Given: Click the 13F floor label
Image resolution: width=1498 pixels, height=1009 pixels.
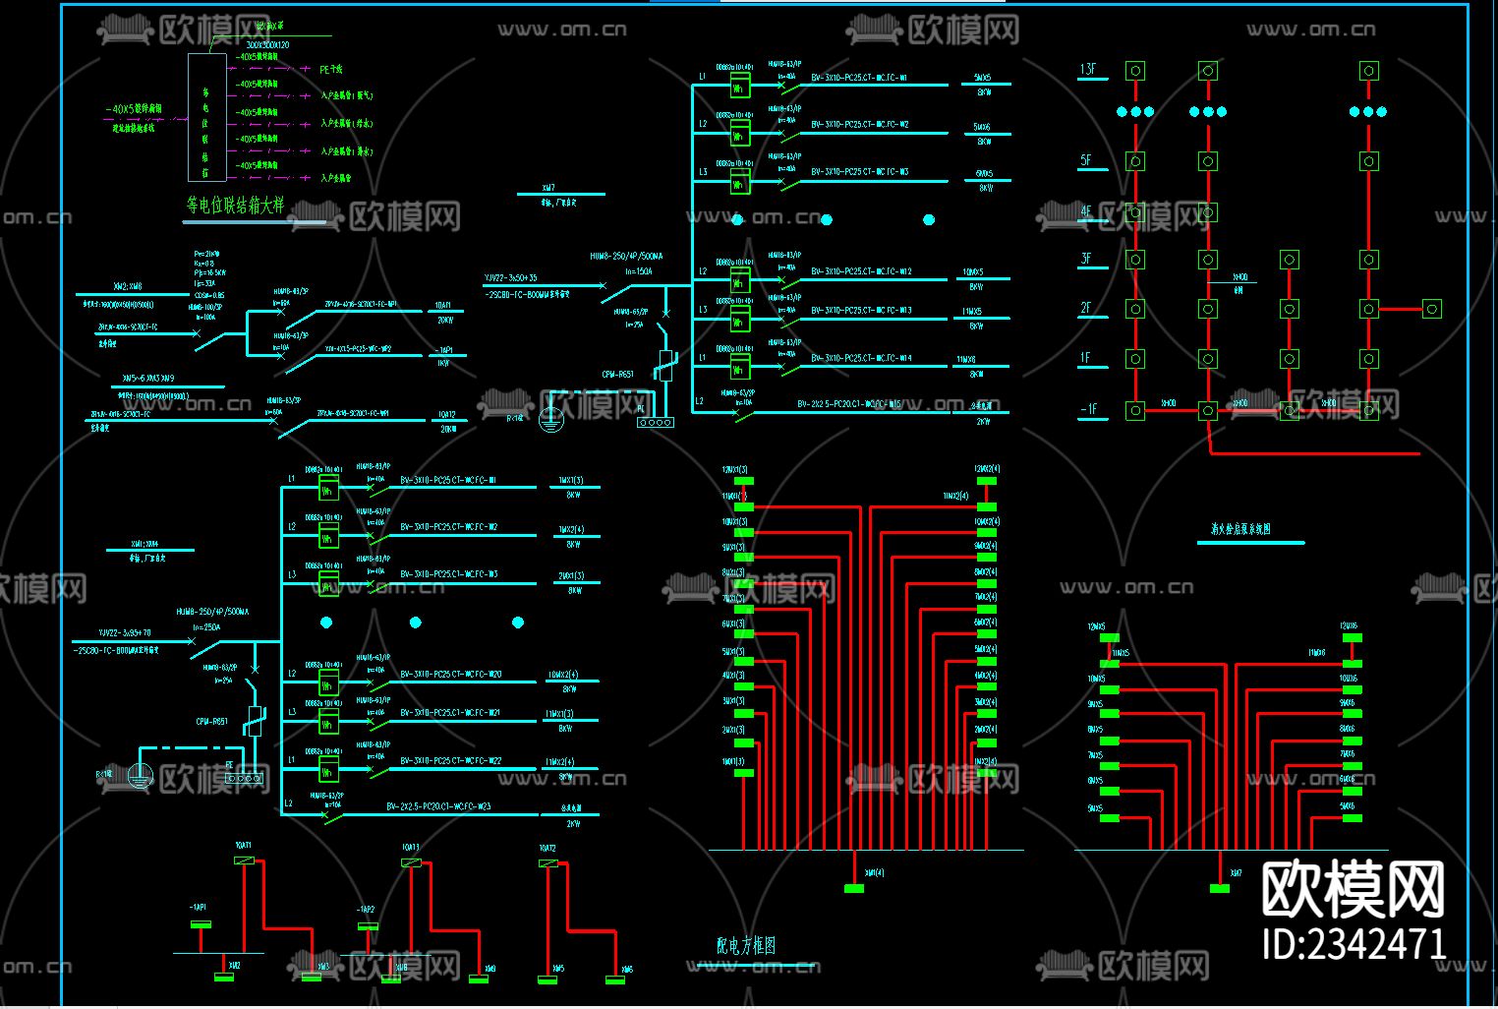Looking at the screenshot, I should (1088, 70).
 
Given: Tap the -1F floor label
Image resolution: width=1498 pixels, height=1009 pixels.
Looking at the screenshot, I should (1088, 409).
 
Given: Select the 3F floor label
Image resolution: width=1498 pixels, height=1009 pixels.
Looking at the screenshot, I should (1086, 260).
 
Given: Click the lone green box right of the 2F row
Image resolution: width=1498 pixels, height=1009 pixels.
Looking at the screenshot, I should (1432, 309).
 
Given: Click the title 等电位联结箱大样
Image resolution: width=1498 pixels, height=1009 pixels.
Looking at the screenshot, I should (235, 206).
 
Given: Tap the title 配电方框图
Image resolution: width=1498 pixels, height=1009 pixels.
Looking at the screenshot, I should (746, 945).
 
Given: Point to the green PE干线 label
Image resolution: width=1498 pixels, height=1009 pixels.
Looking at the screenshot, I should (331, 70).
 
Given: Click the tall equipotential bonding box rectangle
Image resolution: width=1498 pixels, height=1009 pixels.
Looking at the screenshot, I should (207, 118).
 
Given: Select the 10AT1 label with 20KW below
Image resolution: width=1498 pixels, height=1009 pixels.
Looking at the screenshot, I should (444, 306).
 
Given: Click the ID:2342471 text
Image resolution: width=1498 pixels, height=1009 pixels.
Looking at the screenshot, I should (1354, 944).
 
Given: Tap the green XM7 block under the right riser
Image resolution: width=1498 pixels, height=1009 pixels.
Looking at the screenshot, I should (1220, 888).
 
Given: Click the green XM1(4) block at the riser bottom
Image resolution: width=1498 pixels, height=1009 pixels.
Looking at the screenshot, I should (854, 888).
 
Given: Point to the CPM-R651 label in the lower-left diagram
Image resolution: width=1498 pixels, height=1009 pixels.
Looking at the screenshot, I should (211, 721).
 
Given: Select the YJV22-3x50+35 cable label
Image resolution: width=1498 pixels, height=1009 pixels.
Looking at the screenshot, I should (511, 278).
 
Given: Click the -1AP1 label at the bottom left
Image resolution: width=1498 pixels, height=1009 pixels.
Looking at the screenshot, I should (198, 907).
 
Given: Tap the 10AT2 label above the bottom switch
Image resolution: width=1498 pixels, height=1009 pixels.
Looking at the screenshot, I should (547, 848).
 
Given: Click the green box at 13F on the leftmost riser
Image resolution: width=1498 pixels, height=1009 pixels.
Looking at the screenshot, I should (1135, 71).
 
